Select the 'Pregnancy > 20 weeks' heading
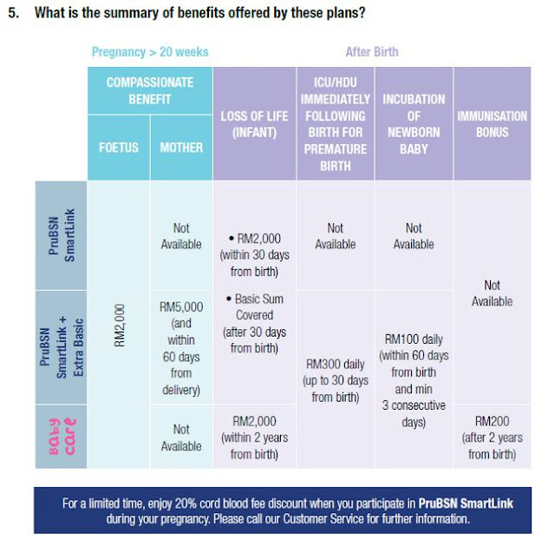pyautogui.click(x=150, y=52)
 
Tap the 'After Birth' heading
pyautogui.click(x=372, y=52)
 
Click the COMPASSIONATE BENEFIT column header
pyautogui.click(x=149, y=90)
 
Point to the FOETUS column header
pyautogui.click(x=118, y=147)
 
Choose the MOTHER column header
pyautogui.click(x=180, y=147)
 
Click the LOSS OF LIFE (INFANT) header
pyautogui.click(x=254, y=124)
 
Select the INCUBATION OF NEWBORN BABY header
pyautogui.click(x=414, y=124)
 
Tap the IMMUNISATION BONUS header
pyautogui.click(x=492, y=124)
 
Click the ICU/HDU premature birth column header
pyautogui.click(x=336, y=124)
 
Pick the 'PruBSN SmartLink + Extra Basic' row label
pyautogui.click(x=61, y=347)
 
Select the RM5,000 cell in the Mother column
pyautogui.click(x=180, y=348)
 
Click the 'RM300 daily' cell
pyautogui.click(x=335, y=380)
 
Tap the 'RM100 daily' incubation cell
pyautogui.click(x=414, y=380)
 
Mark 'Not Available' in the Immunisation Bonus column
pyautogui.click(x=492, y=293)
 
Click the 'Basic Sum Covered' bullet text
pyautogui.click(x=254, y=323)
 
